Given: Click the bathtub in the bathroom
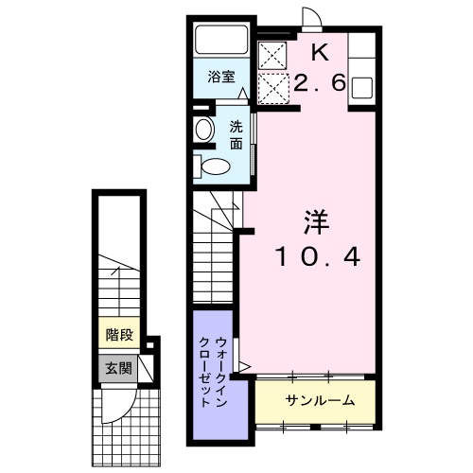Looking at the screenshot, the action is coord(221,40).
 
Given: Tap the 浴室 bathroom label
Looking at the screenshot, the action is coord(221,77).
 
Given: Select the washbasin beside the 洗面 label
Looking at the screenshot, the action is coord(204,129).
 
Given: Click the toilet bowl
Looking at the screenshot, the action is coord(216,166).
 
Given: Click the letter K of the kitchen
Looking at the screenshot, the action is coord(320,53).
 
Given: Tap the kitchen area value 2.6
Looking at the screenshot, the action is coord(320,83).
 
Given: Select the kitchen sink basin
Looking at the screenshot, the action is coord(361,87).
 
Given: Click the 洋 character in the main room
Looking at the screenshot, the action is coord(316,222).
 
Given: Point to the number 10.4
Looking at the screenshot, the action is coord(318,256).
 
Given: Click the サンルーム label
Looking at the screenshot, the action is coord(320,400).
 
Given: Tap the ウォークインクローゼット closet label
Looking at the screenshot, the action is coord(213,372).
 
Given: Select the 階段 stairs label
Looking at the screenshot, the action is coord(119,335).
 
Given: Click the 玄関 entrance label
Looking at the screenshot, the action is coord(118,368).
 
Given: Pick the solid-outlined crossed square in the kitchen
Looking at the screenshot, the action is coord(272,55).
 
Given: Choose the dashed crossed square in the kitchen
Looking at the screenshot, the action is coord(273,88).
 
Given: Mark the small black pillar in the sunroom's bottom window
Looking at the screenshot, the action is coord(314,428).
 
